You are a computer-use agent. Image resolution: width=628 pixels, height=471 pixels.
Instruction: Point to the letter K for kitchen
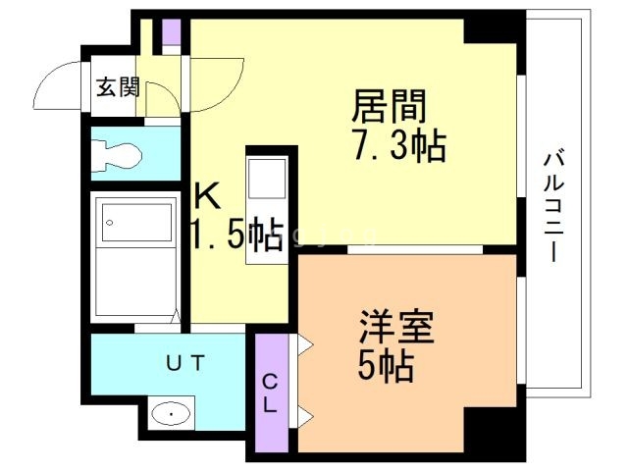pyautogui.click(x=205, y=197)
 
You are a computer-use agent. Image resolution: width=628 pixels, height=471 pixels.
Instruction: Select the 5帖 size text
pyautogui.click(x=385, y=367)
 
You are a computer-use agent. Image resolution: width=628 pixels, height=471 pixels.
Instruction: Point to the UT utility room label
pyautogui.click(x=184, y=364)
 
